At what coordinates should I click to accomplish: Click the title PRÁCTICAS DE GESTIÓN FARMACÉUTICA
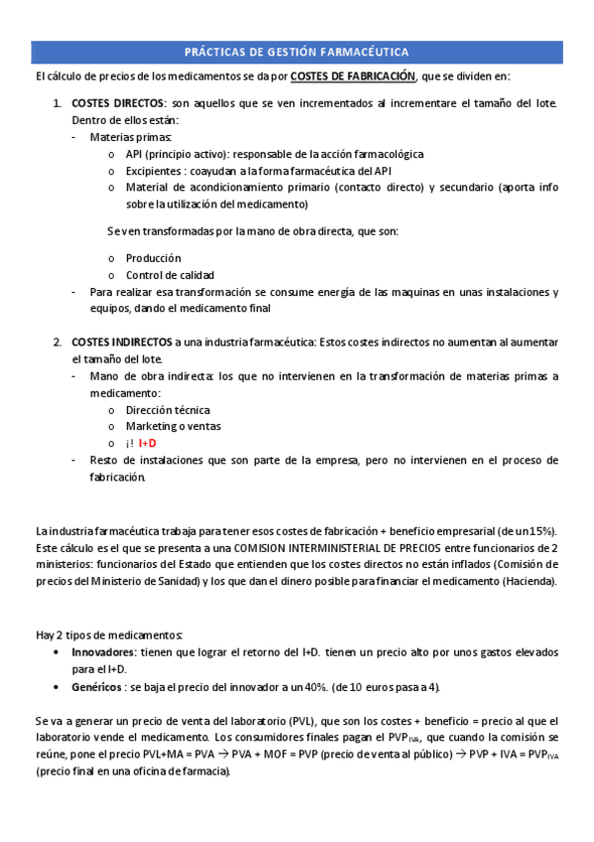tap(297, 52)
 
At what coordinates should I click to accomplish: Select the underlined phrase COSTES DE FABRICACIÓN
tap(352, 76)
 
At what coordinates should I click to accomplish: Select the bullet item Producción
tap(153, 257)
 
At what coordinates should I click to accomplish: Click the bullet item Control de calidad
tap(170, 274)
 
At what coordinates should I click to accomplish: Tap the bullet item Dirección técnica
tap(168, 409)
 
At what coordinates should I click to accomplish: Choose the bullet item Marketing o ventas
tap(174, 426)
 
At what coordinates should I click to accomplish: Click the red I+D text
tap(148, 443)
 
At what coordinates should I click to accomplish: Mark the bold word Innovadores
tap(106, 652)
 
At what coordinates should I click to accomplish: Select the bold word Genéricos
tap(99, 686)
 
